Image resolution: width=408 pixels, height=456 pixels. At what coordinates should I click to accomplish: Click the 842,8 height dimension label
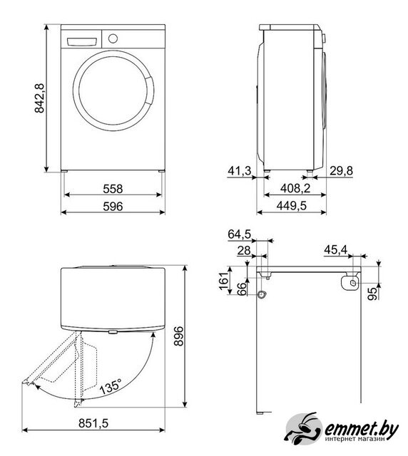[x=40, y=98]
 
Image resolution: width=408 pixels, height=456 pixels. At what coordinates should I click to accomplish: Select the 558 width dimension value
[x=113, y=189]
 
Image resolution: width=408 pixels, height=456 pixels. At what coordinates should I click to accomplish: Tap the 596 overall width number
[x=113, y=207]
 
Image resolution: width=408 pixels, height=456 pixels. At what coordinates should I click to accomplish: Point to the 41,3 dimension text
[x=240, y=171]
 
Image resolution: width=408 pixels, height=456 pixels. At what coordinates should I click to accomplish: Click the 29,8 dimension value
[x=342, y=171]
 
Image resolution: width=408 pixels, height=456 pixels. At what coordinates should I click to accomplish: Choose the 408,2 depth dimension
[x=295, y=188]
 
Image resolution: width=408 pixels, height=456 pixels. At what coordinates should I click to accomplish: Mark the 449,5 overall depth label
[x=292, y=206]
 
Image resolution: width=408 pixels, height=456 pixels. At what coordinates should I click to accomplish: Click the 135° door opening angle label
[x=111, y=386]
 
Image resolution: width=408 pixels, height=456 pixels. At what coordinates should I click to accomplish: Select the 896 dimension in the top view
[x=178, y=336]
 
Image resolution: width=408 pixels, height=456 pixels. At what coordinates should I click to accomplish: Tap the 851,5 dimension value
[x=93, y=423]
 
